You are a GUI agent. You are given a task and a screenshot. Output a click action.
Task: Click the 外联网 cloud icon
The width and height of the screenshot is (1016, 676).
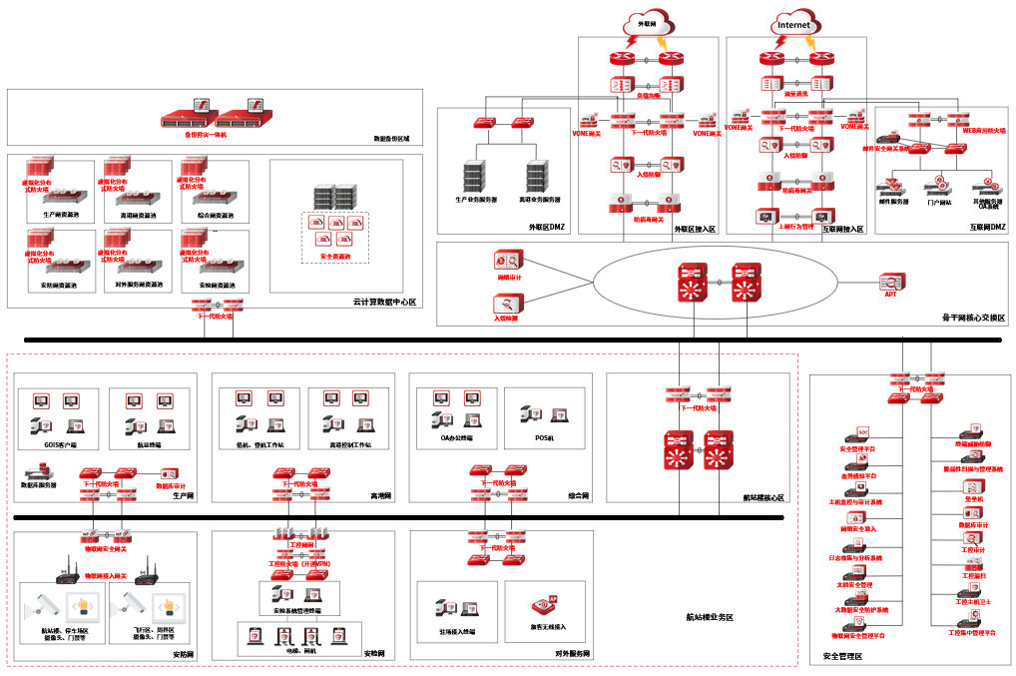coord(647,23)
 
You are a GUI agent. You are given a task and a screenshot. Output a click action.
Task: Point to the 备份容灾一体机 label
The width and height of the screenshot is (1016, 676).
coord(206,134)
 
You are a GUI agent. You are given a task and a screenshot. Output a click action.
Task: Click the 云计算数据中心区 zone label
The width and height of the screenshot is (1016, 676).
coord(384,302)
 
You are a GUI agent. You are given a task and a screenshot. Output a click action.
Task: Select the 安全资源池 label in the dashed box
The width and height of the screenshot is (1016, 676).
coord(335,257)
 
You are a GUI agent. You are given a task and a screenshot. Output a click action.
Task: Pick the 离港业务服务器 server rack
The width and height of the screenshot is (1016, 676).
coord(538,178)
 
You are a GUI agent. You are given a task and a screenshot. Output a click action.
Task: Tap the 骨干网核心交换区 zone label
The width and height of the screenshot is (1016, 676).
coord(973,318)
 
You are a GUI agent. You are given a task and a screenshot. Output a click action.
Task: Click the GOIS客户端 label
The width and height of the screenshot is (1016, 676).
coord(61,444)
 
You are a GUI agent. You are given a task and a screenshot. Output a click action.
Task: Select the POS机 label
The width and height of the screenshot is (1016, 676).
coord(544,437)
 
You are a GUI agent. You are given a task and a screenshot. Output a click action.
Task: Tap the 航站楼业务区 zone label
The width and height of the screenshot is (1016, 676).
coord(710,618)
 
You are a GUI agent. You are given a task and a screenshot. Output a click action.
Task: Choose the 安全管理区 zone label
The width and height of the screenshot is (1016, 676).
coord(842,656)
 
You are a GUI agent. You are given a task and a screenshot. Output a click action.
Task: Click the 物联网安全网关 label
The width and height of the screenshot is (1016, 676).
coord(105,549)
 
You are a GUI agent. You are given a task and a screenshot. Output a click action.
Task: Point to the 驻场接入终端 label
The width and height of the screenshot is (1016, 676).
coord(456,632)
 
